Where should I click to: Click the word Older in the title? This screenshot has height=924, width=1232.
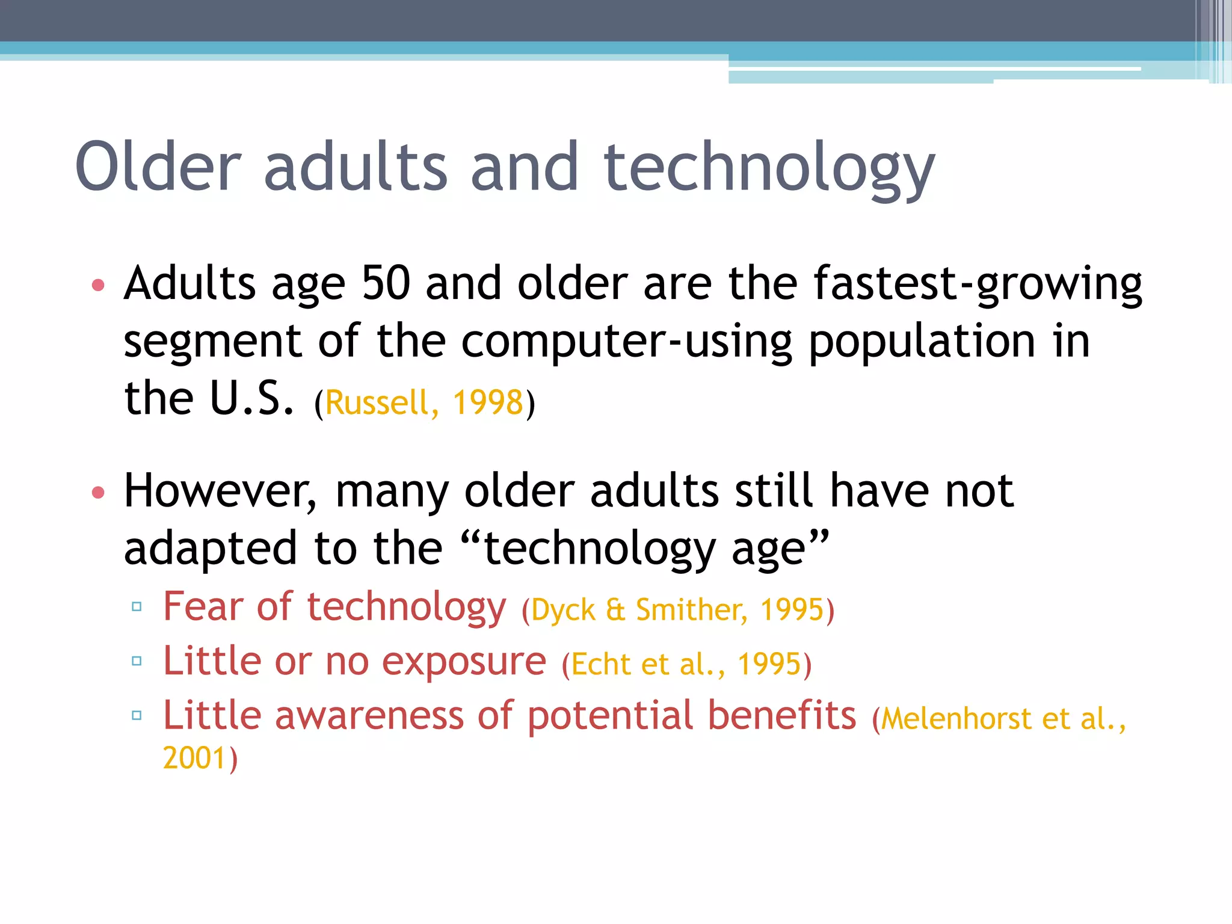[x=158, y=167]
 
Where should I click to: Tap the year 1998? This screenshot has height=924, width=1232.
[x=488, y=402]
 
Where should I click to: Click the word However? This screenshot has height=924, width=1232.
[x=220, y=491]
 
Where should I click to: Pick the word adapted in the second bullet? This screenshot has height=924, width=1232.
[x=211, y=549]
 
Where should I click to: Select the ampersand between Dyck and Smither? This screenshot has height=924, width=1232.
[x=615, y=610]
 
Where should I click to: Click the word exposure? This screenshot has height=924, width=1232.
[x=464, y=662]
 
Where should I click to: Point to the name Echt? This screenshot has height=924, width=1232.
[x=600, y=665]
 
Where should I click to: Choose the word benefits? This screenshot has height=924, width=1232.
[x=781, y=715]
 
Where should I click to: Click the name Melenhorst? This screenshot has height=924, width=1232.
[x=956, y=719]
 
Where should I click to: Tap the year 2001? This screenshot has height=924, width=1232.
[x=194, y=758]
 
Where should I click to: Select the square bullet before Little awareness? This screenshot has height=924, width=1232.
[x=137, y=715]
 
